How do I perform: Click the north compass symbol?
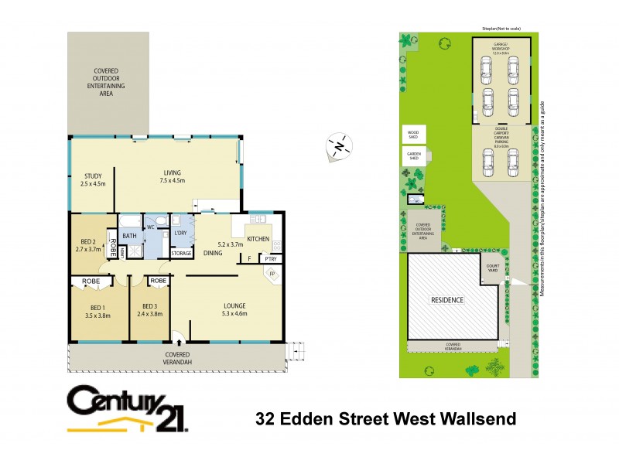tap(337, 145)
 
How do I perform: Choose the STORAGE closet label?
tap(181, 253)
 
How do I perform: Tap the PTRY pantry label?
tap(272, 259)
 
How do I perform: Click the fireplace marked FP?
tap(272, 275)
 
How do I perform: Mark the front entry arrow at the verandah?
tap(178, 337)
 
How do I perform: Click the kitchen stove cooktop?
tap(277, 247)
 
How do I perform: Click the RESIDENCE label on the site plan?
tap(448, 300)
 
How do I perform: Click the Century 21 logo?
tap(128, 408)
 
